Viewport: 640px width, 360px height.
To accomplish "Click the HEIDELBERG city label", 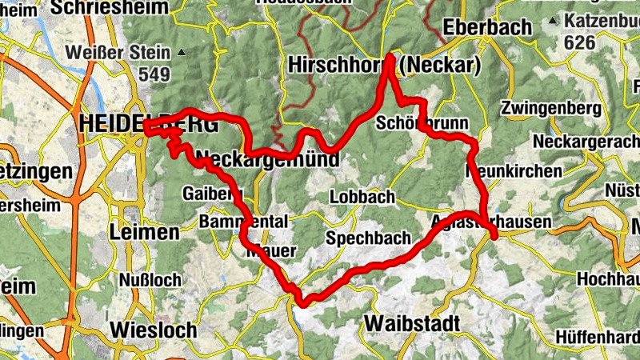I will click(149, 125).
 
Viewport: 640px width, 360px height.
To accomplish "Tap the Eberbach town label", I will click(487, 26).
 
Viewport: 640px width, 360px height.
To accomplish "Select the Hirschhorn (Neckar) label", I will click(384, 65).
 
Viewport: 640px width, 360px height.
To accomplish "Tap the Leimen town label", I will click(146, 233).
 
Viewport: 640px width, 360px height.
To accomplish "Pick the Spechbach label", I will click(368, 238).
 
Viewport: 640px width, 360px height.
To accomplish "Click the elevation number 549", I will click(154, 74).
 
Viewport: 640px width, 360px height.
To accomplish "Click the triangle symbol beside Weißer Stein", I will click(182, 54).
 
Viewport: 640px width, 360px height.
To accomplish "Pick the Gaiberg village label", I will click(212, 194).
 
